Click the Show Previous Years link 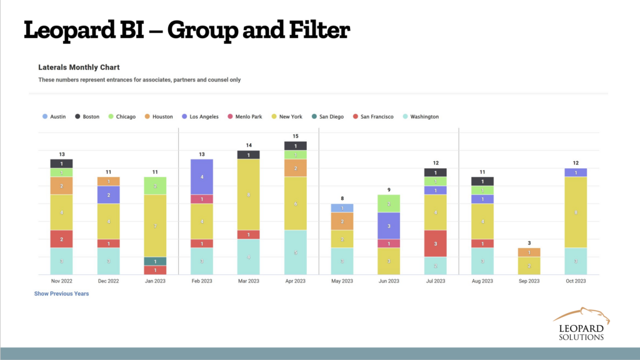click(61, 294)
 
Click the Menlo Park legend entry click(247, 117)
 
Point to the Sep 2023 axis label click(529, 281)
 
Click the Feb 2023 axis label click(201, 281)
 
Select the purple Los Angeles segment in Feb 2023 click(201, 177)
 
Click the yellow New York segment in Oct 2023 click(576, 212)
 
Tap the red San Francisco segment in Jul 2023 click(436, 243)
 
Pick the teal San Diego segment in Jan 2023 click(154, 261)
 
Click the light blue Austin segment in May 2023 click(342, 208)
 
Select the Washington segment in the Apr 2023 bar click(295, 252)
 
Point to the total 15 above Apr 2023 click(295, 136)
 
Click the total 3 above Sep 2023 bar click(529, 243)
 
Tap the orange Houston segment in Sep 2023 click(529, 252)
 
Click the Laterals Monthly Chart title click(79, 67)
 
